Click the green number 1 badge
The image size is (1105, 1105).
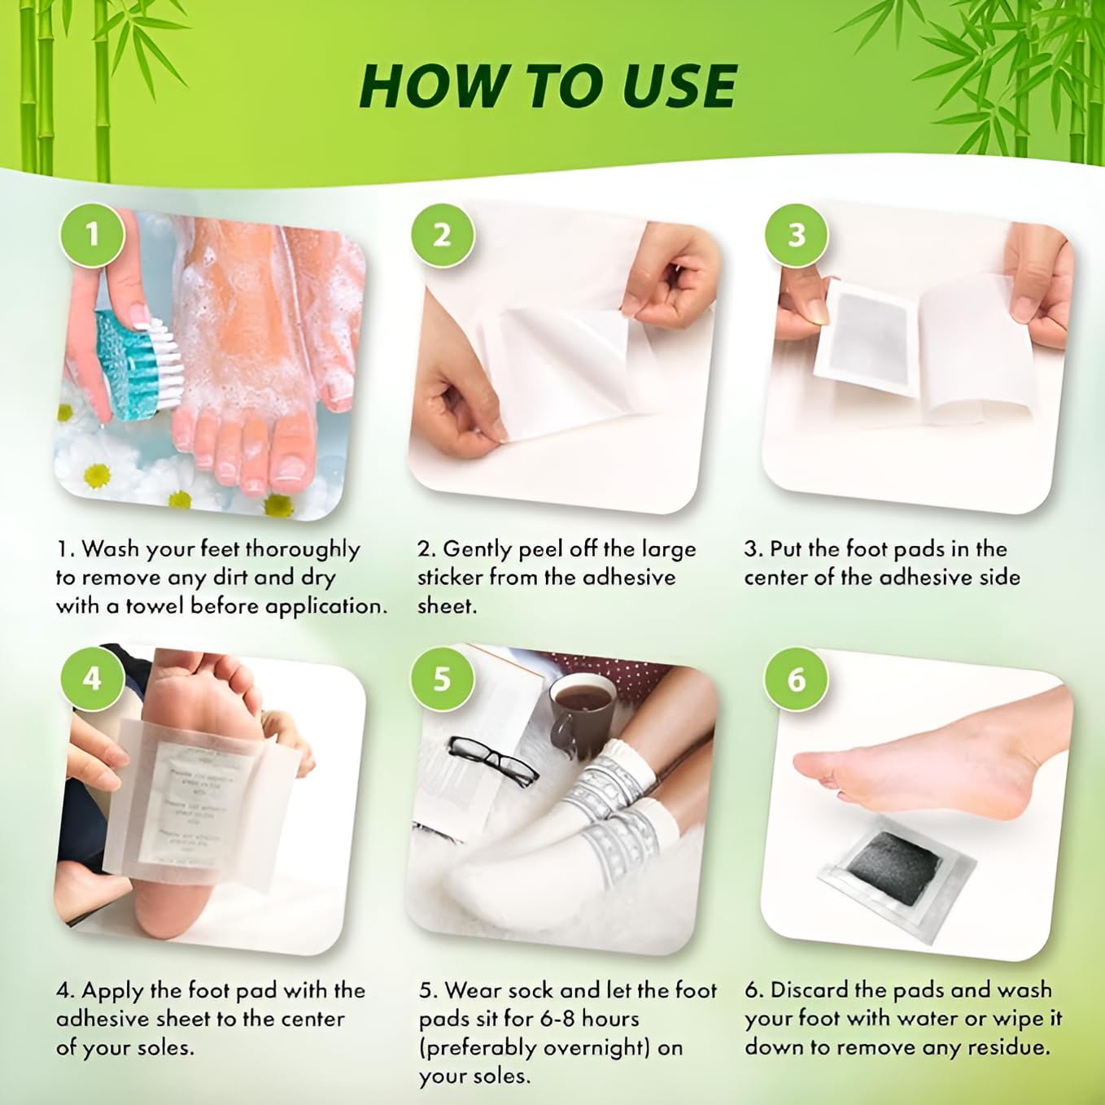[92, 235]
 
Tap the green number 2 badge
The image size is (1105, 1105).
[442, 235]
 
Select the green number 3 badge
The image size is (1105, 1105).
[797, 235]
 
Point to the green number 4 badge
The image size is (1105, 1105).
[92, 678]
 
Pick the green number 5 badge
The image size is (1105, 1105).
[442, 678]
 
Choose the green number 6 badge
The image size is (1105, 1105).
[797, 678]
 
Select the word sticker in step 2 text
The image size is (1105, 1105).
[452, 578]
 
